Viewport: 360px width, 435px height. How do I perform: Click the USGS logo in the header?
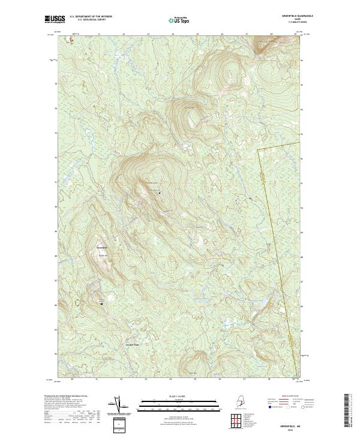[55, 19]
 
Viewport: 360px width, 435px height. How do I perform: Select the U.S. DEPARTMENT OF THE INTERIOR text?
[91, 17]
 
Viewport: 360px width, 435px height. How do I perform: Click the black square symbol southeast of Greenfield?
[101, 304]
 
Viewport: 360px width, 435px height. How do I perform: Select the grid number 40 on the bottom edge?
[73, 379]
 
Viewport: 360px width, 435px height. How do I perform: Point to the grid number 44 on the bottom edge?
[171, 379]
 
